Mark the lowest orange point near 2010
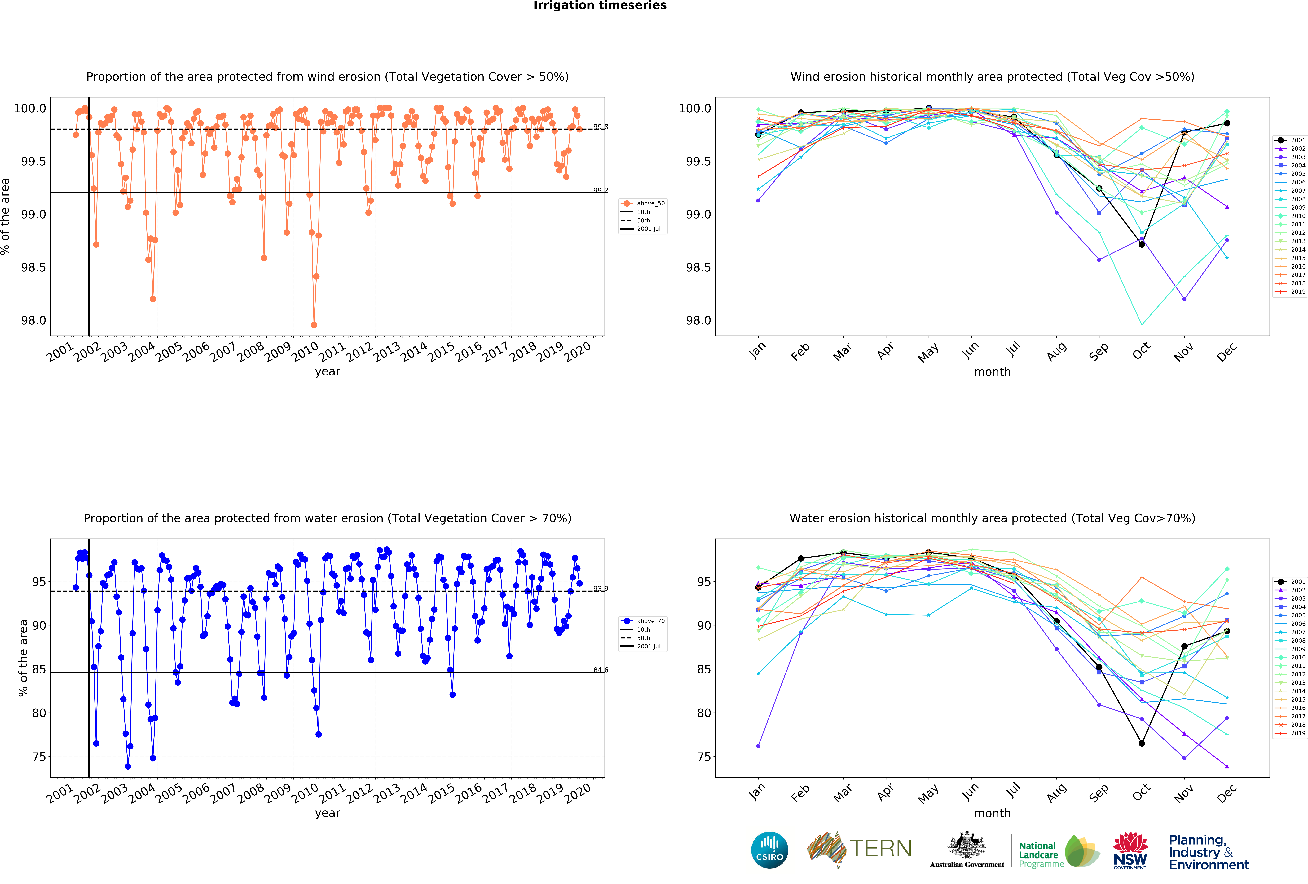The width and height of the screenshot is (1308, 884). coord(314,325)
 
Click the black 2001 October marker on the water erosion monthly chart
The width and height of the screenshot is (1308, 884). coord(1141,743)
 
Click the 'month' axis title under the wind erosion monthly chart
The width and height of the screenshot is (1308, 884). coord(992,372)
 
